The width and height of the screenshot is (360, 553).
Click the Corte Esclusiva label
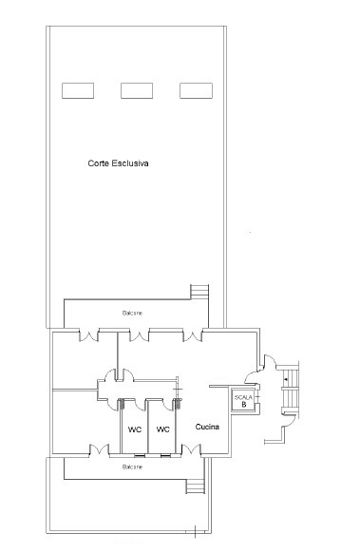118,163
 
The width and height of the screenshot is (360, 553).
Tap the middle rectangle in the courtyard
137,90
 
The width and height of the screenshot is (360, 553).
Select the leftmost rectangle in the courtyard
78,90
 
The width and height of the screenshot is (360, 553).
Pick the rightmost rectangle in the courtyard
196,90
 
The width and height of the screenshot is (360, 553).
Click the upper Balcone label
132,314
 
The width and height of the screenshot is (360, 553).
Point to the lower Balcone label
132,467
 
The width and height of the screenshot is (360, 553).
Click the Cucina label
207,427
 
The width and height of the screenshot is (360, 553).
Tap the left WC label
135,429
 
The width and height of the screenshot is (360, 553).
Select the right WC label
162,429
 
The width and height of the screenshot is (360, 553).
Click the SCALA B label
244,401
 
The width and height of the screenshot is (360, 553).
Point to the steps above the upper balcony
199,292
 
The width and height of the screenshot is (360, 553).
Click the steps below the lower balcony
195,486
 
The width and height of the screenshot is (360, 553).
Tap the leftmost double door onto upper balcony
88,335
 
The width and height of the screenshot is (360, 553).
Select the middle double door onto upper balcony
139,335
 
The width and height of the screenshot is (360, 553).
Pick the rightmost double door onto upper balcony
192,335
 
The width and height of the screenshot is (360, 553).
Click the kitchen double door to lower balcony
191,449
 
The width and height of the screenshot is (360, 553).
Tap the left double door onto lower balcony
99,449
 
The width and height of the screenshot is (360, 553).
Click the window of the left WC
140,455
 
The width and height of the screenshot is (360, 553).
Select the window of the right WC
165,455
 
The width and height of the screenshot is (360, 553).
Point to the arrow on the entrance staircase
286,379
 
